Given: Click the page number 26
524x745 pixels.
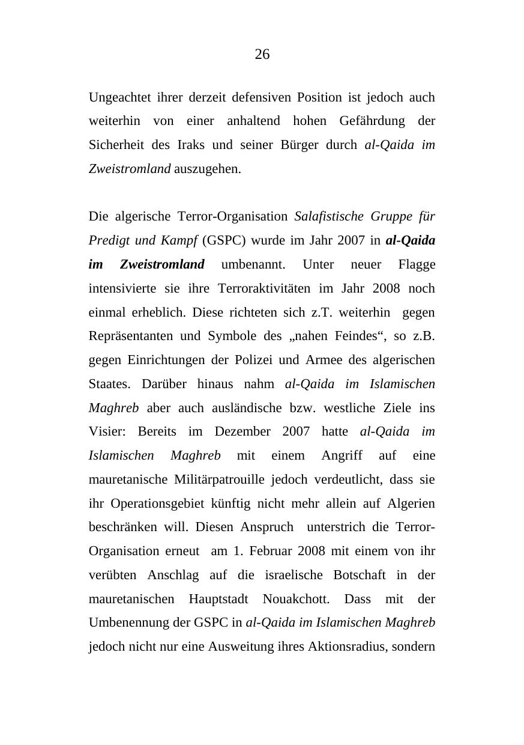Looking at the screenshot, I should pos(262,55).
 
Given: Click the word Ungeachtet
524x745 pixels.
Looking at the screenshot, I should pos(119,97).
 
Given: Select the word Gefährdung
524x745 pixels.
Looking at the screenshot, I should pos(372,121).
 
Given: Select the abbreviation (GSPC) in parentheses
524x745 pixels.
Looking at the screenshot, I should pos(224,240).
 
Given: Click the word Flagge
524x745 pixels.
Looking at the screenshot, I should pos(417,264).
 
